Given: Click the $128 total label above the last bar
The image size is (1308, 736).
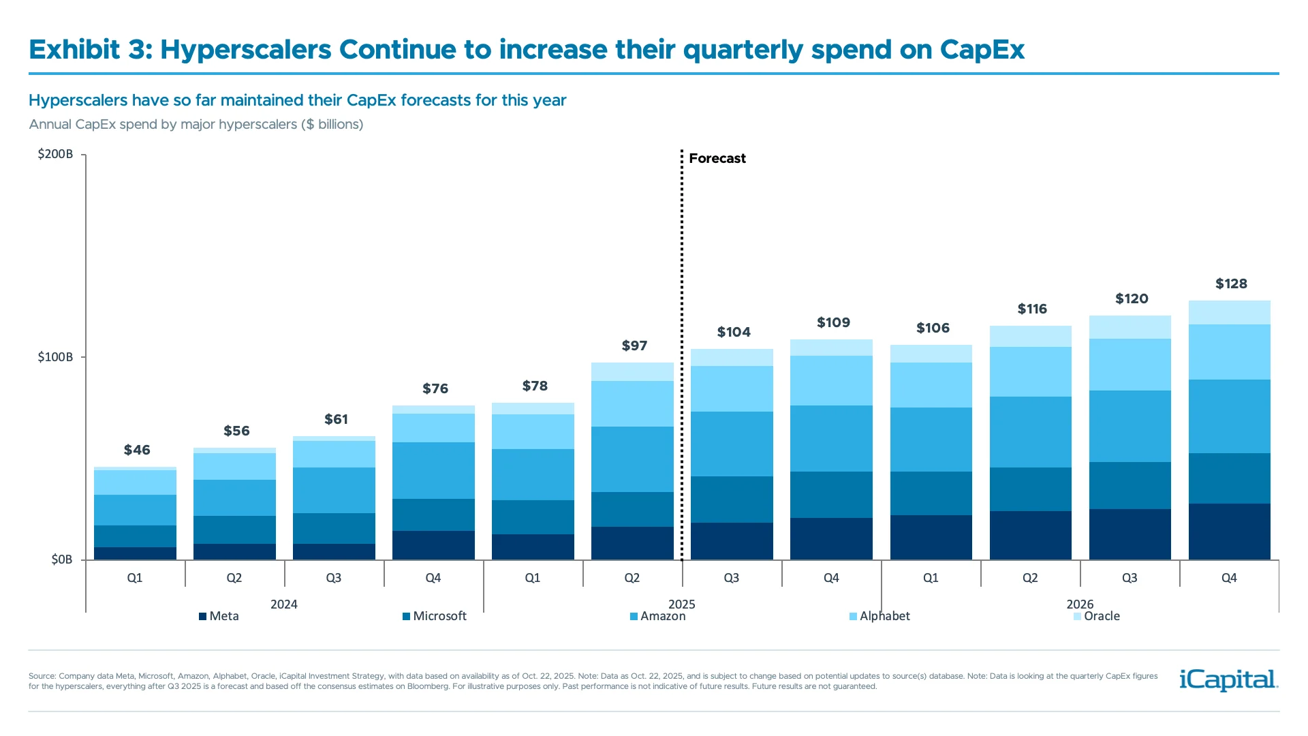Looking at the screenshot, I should (1231, 283).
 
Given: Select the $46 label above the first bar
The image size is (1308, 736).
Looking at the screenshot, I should (137, 450).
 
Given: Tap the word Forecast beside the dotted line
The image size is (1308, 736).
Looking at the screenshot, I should (717, 158).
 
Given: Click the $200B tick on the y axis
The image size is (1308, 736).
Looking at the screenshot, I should (55, 154).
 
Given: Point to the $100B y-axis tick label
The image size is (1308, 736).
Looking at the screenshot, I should (55, 357).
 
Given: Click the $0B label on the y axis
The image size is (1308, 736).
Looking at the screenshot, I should (61, 559).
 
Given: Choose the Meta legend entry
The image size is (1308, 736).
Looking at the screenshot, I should (219, 616).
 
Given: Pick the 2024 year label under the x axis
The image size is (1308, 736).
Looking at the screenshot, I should (283, 604).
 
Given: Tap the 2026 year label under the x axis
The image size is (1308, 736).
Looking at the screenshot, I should (1080, 604).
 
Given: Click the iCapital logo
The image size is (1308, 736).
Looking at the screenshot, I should (1228, 679).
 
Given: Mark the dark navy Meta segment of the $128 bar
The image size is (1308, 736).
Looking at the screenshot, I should (1229, 532).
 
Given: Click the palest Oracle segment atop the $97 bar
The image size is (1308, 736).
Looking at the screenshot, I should (632, 371).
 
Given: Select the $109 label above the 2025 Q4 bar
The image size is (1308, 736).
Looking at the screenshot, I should (833, 322).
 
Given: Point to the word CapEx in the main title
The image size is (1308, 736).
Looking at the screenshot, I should (982, 50).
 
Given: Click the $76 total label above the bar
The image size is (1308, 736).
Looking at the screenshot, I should (435, 388).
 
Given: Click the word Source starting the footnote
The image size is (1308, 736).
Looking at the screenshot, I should (42, 676).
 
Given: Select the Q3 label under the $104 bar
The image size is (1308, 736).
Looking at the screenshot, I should (731, 578).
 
